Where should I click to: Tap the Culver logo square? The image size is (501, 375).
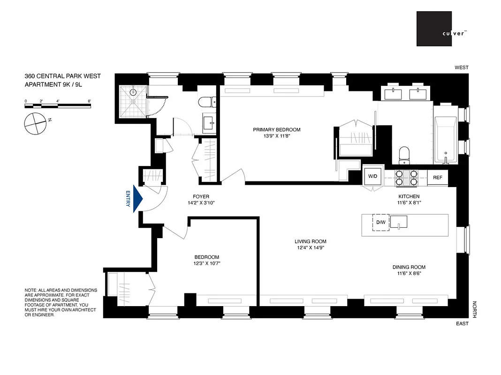pyautogui.click(x=434, y=29)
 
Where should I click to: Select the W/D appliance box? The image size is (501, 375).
pyautogui.click(x=373, y=177)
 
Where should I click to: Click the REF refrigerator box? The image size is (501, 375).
pyautogui.click(x=438, y=178)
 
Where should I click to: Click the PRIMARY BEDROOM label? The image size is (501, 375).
pyautogui.click(x=277, y=130)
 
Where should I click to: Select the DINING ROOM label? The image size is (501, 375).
pyautogui.click(x=409, y=267)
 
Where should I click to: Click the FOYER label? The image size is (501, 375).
pyautogui.click(x=200, y=197)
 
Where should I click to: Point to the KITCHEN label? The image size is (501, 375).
pyautogui.click(x=409, y=196)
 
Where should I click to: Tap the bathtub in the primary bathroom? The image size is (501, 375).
pyautogui.click(x=446, y=140)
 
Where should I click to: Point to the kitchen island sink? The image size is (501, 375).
pyautogui.click(x=399, y=221)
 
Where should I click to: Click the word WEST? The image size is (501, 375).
pyautogui.click(x=461, y=67)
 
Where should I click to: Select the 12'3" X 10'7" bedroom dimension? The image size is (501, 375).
pyautogui.click(x=207, y=263)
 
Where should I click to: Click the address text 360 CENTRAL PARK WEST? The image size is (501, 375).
pyautogui.click(x=62, y=76)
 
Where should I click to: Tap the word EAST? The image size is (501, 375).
pyautogui.click(x=462, y=323)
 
